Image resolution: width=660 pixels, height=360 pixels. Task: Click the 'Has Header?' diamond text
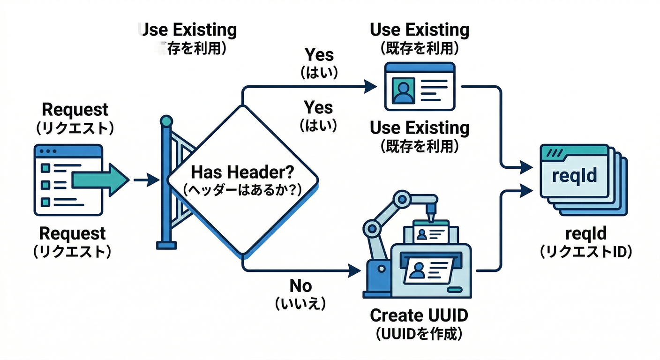coord(243,172)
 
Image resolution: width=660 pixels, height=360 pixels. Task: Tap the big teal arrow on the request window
coord(100,180)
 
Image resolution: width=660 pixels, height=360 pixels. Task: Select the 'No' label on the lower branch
coord(300,285)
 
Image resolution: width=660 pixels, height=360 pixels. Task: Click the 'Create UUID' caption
coord(419,315)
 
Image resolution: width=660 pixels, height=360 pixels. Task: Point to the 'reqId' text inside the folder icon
coord(575,176)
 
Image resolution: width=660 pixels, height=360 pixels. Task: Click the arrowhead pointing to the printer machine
coord(355,270)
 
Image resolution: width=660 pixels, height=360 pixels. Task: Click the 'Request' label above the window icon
coord(75,110)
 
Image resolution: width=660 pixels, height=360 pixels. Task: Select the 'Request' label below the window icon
coord(72,233)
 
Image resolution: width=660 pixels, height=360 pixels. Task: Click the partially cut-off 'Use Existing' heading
coord(188,30)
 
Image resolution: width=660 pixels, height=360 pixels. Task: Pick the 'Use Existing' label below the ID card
coord(419,127)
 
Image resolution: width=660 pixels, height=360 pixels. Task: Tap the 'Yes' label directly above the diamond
coord(319,107)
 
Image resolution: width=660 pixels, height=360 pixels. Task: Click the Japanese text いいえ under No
coord(300,304)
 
